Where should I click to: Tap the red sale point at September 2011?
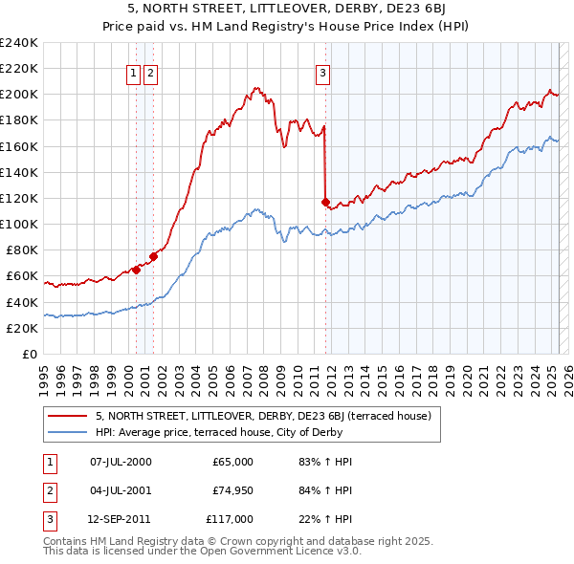point(325,202)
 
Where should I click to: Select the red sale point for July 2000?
point(136,270)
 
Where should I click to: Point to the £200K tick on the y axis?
point(19,95)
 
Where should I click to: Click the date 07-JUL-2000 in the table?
point(121,462)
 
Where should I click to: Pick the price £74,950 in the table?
point(232,490)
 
